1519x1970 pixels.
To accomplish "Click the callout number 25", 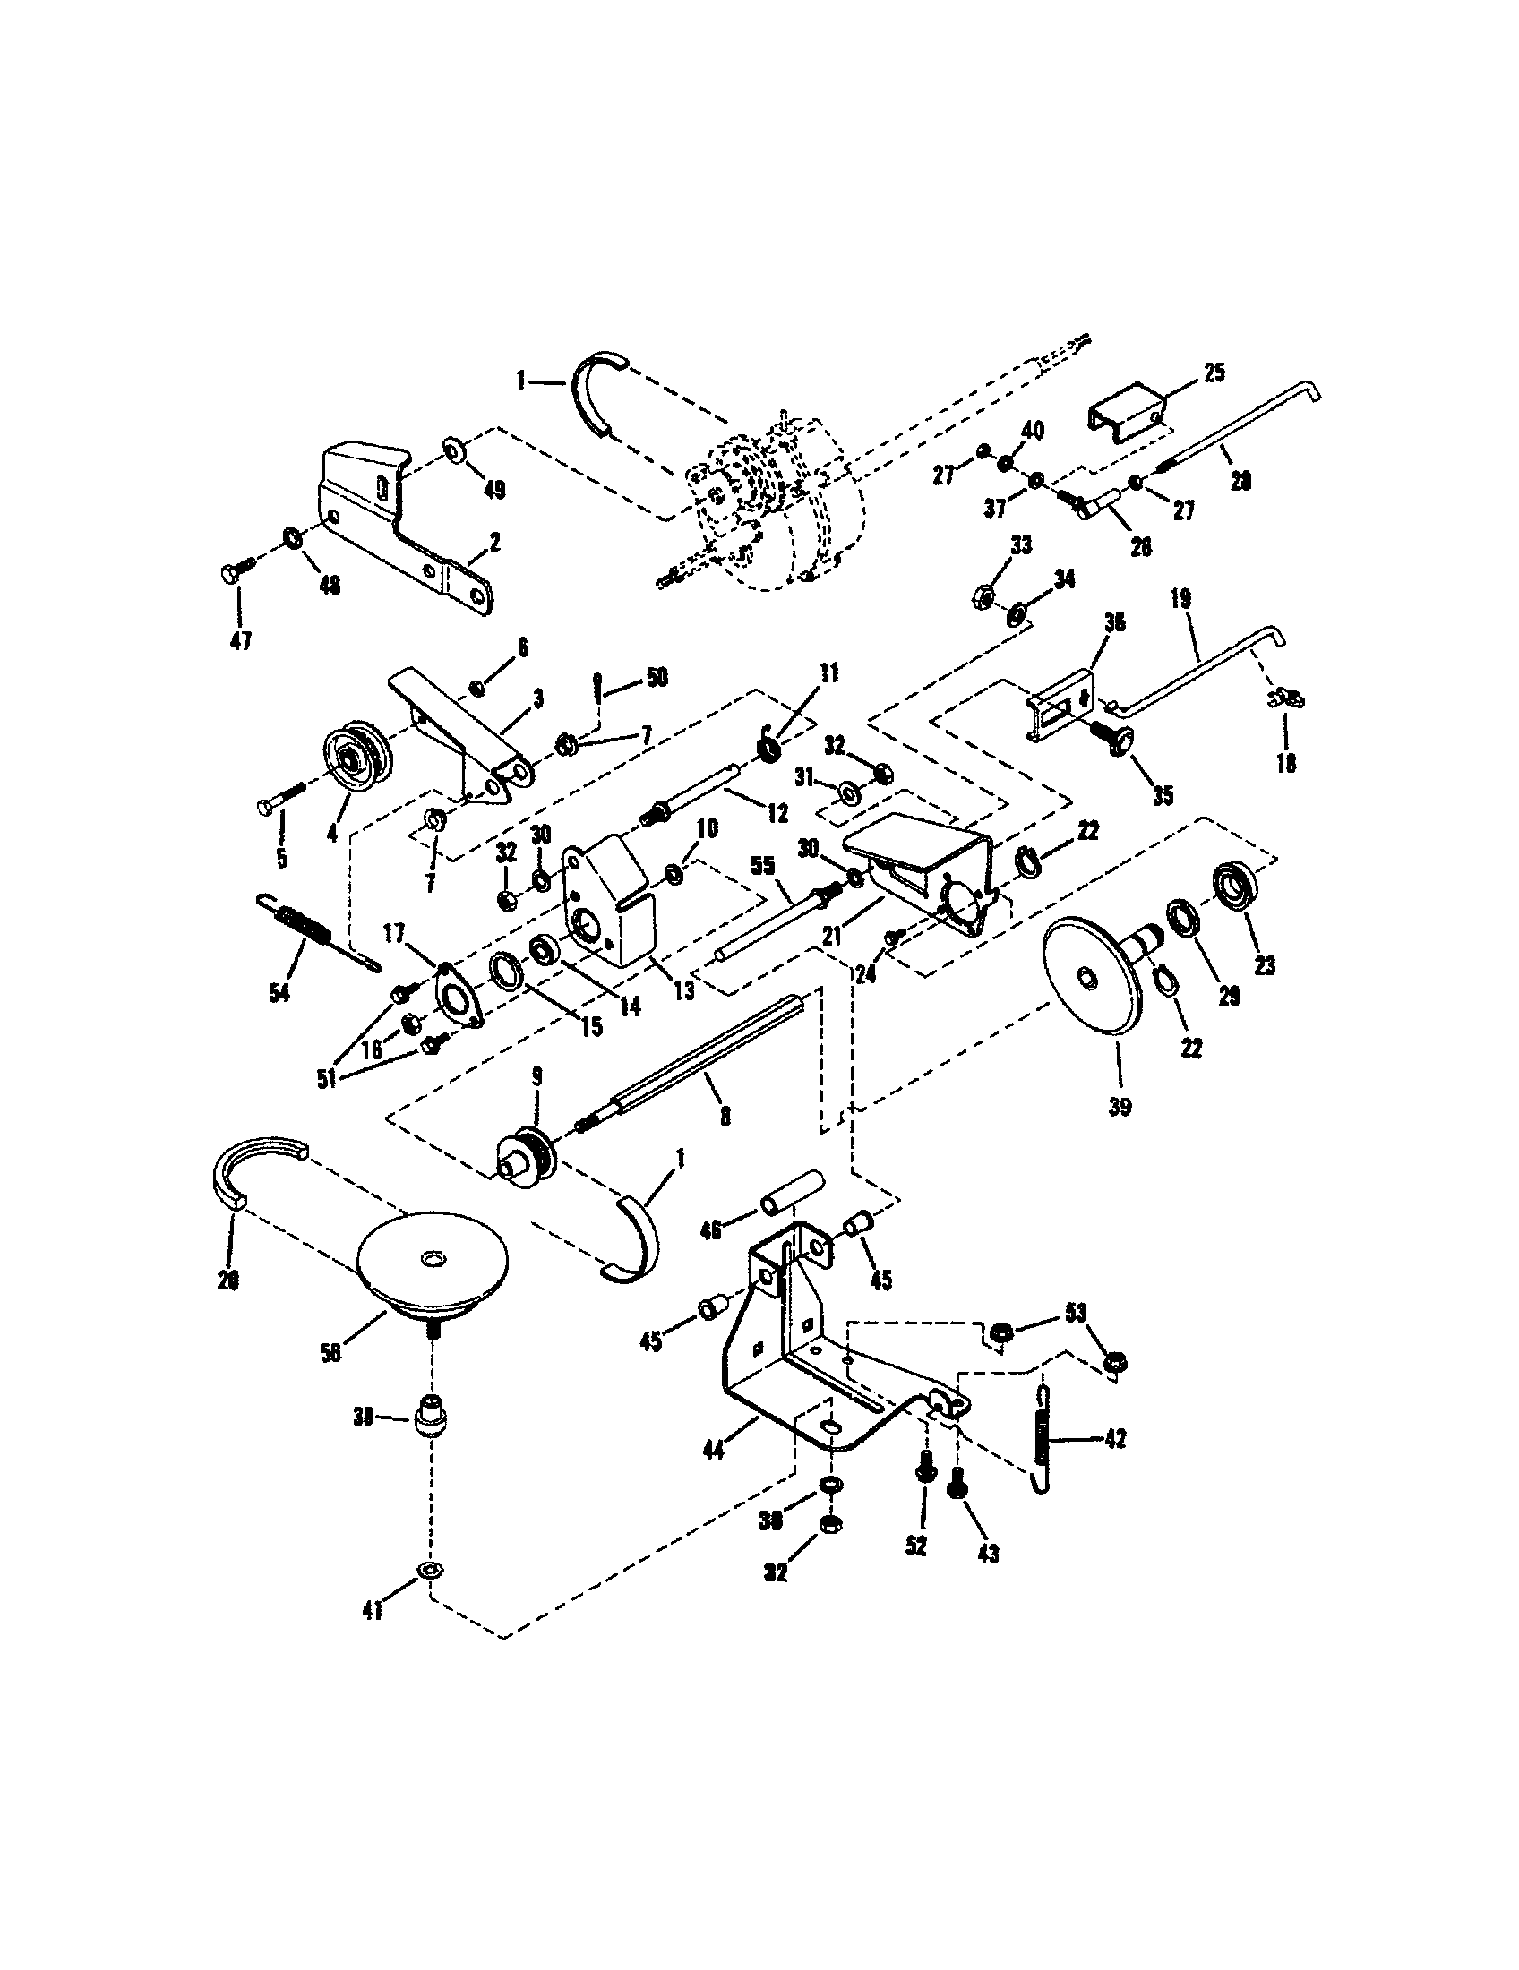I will [1214, 373].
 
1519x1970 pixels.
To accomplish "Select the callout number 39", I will [1120, 1107].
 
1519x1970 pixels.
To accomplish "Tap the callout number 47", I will [240, 640].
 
